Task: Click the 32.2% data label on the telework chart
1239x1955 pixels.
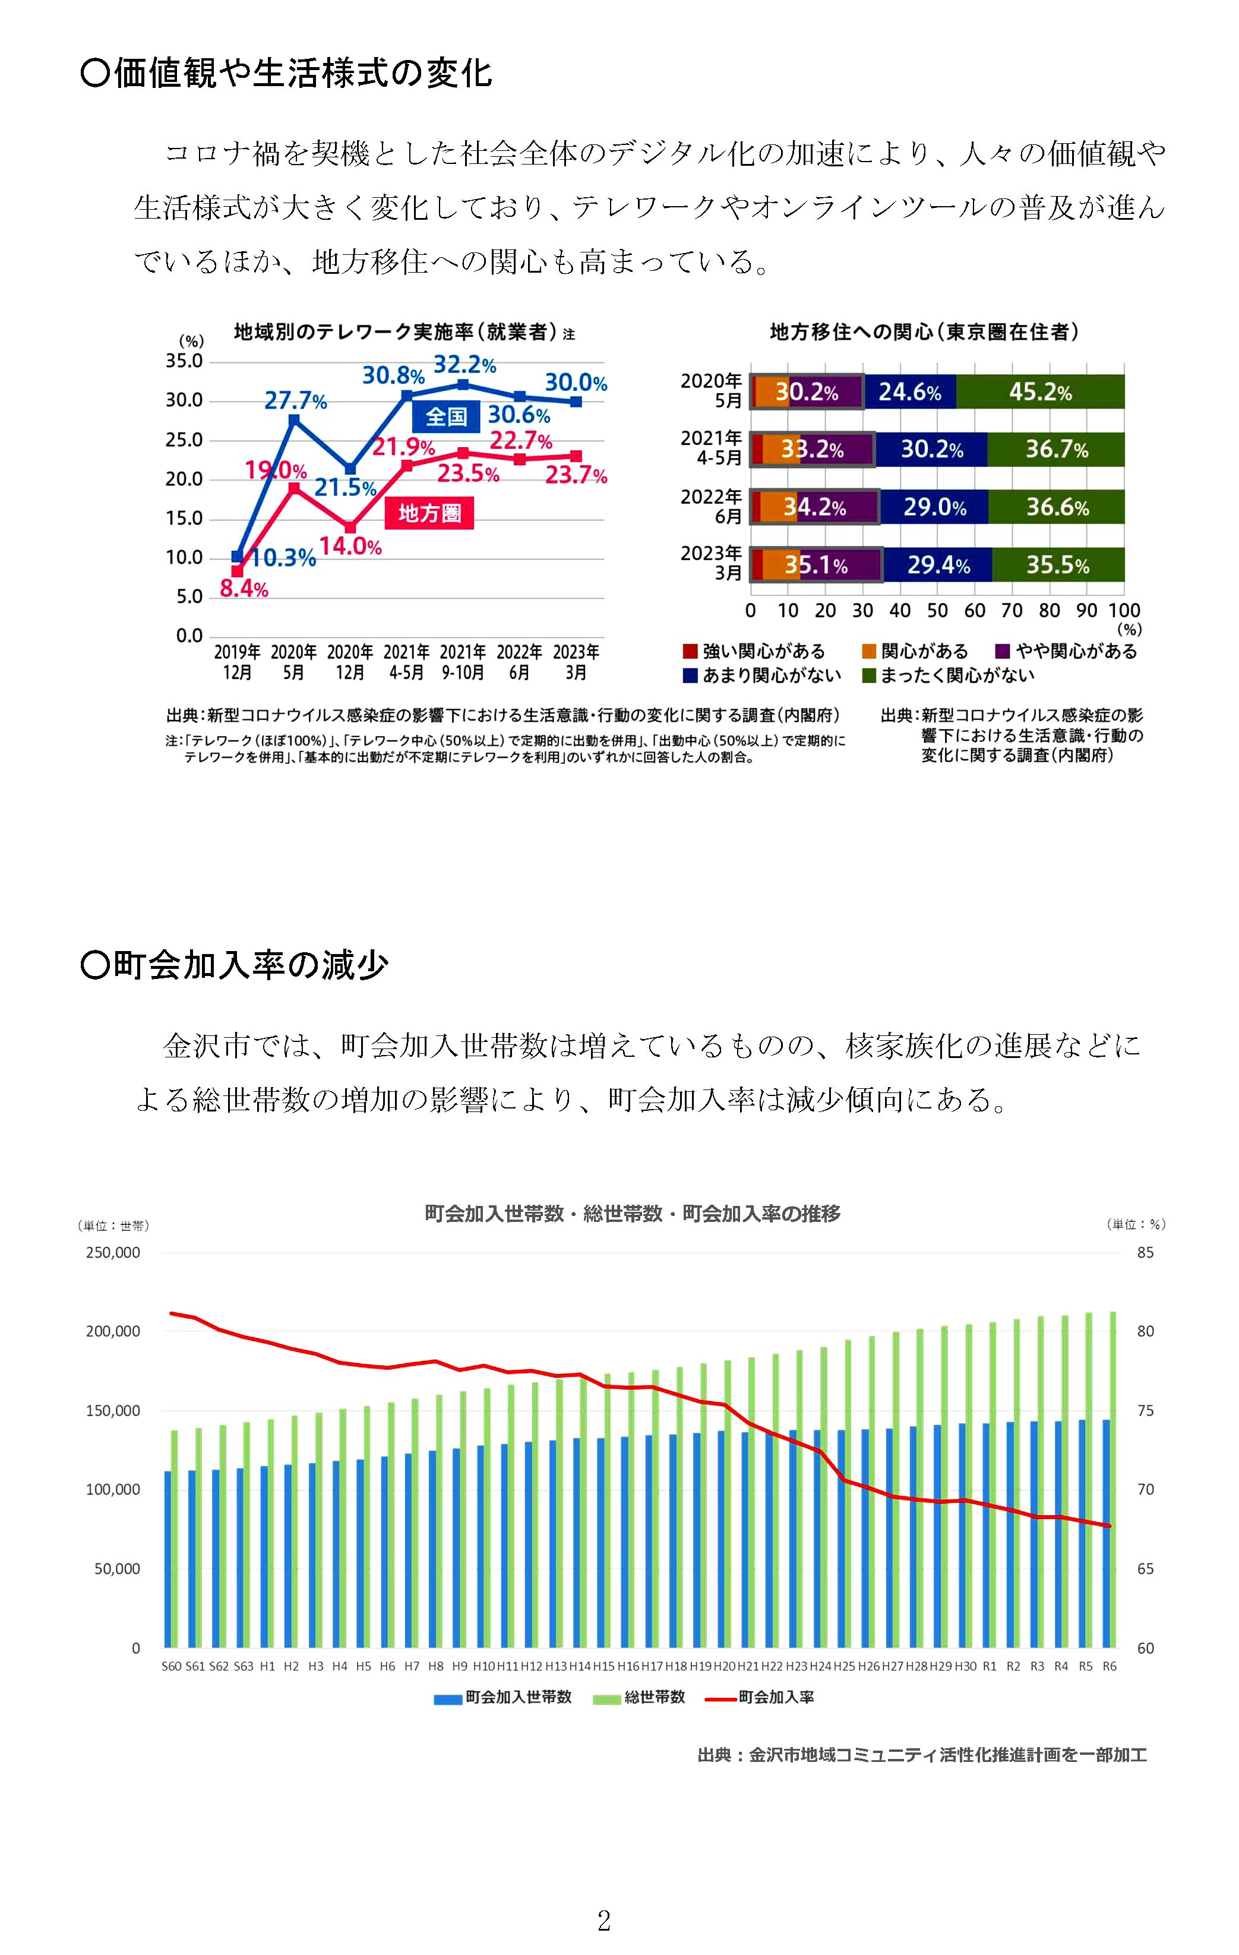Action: pyautogui.click(x=464, y=365)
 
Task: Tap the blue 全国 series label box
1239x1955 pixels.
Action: pyautogui.click(x=445, y=416)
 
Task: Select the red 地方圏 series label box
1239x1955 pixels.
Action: pyautogui.click(x=429, y=514)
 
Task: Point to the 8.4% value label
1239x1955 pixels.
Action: pyautogui.click(x=244, y=589)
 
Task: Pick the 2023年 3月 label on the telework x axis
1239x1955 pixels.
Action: pyautogui.click(x=576, y=662)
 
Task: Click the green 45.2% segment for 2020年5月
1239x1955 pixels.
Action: pyautogui.click(x=1040, y=392)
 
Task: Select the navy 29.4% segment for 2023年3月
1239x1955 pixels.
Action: pyautogui.click(x=938, y=565)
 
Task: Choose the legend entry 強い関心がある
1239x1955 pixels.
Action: pyautogui.click(x=754, y=651)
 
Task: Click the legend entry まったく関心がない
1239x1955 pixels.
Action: pyautogui.click(x=949, y=675)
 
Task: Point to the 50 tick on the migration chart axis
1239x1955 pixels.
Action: pyautogui.click(x=937, y=611)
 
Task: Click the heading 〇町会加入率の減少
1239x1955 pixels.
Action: pyautogui.click(x=235, y=965)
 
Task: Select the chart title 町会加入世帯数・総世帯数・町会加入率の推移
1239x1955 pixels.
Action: pyautogui.click(x=633, y=1214)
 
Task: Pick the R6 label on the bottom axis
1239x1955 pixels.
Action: pyautogui.click(x=1109, y=1666)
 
